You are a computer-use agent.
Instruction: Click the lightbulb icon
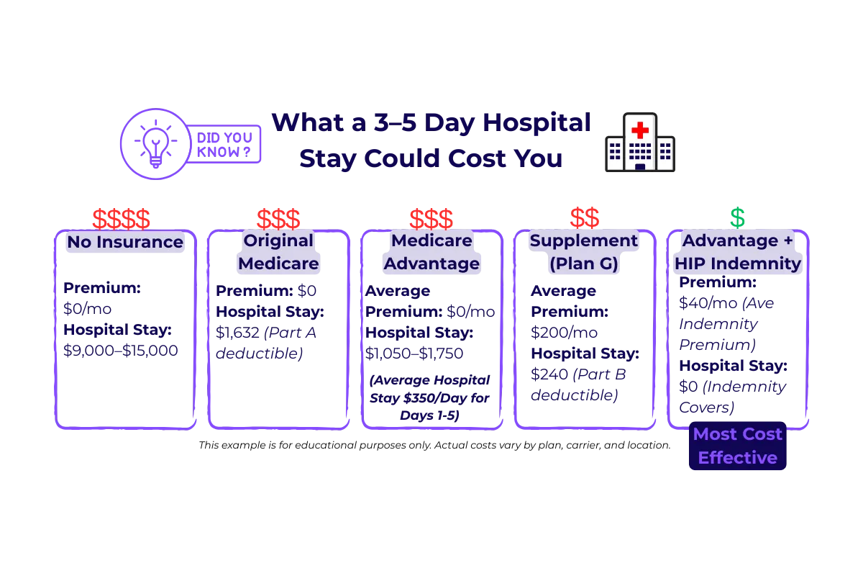[x=155, y=143]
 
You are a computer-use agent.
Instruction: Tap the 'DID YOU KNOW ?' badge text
[x=224, y=145]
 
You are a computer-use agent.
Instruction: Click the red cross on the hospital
[x=640, y=130]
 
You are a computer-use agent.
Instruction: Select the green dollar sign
[x=737, y=217]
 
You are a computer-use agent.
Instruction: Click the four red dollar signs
[x=121, y=219]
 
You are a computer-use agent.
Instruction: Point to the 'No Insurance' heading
[x=125, y=242]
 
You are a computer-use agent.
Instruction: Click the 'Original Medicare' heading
[x=278, y=252]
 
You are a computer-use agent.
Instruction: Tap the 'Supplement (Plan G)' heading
[x=584, y=252]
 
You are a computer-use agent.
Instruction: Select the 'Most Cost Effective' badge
[x=737, y=446]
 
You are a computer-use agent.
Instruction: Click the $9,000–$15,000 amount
[x=121, y=351]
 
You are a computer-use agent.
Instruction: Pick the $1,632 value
[x=238, y=333]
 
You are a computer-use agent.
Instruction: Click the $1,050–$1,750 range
[x=414, y=354]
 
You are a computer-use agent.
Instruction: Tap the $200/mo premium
[x=565, y=333]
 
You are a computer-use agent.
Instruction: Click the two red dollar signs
[x=585, y=217]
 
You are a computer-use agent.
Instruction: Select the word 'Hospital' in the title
[x=536, y=122]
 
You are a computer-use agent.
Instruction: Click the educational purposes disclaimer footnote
[x=434, y=445]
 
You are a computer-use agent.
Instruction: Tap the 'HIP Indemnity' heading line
[x=737, y=264]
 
